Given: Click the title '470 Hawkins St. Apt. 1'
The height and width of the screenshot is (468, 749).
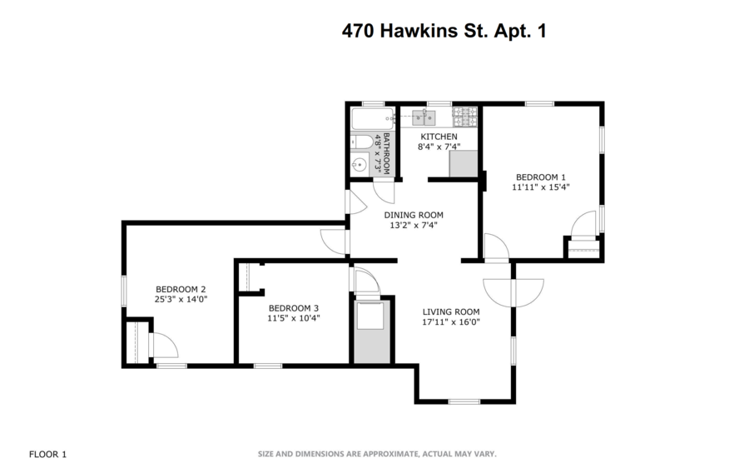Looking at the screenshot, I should [444, 31].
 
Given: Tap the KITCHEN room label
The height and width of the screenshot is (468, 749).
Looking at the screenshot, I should [439, 137].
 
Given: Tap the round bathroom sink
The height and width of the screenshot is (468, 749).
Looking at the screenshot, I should [360, 164].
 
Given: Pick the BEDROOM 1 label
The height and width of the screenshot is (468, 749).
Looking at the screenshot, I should [541, 177].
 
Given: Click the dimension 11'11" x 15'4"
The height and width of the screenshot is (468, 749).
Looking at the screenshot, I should [541, 187].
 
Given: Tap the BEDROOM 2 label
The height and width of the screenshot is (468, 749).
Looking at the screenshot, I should [180, 289].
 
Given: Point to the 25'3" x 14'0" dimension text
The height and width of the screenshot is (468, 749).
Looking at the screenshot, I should [180, 300].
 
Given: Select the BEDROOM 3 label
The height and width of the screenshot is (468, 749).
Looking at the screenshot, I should [294, 306].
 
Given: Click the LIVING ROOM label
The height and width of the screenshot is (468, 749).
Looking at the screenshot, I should [451, 312].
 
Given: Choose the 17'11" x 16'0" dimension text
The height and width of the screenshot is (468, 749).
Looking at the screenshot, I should [451, 323].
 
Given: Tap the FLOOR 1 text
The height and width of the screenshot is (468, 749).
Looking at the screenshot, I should [47, 454].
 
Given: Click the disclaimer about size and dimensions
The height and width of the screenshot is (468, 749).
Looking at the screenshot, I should [377, 454].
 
